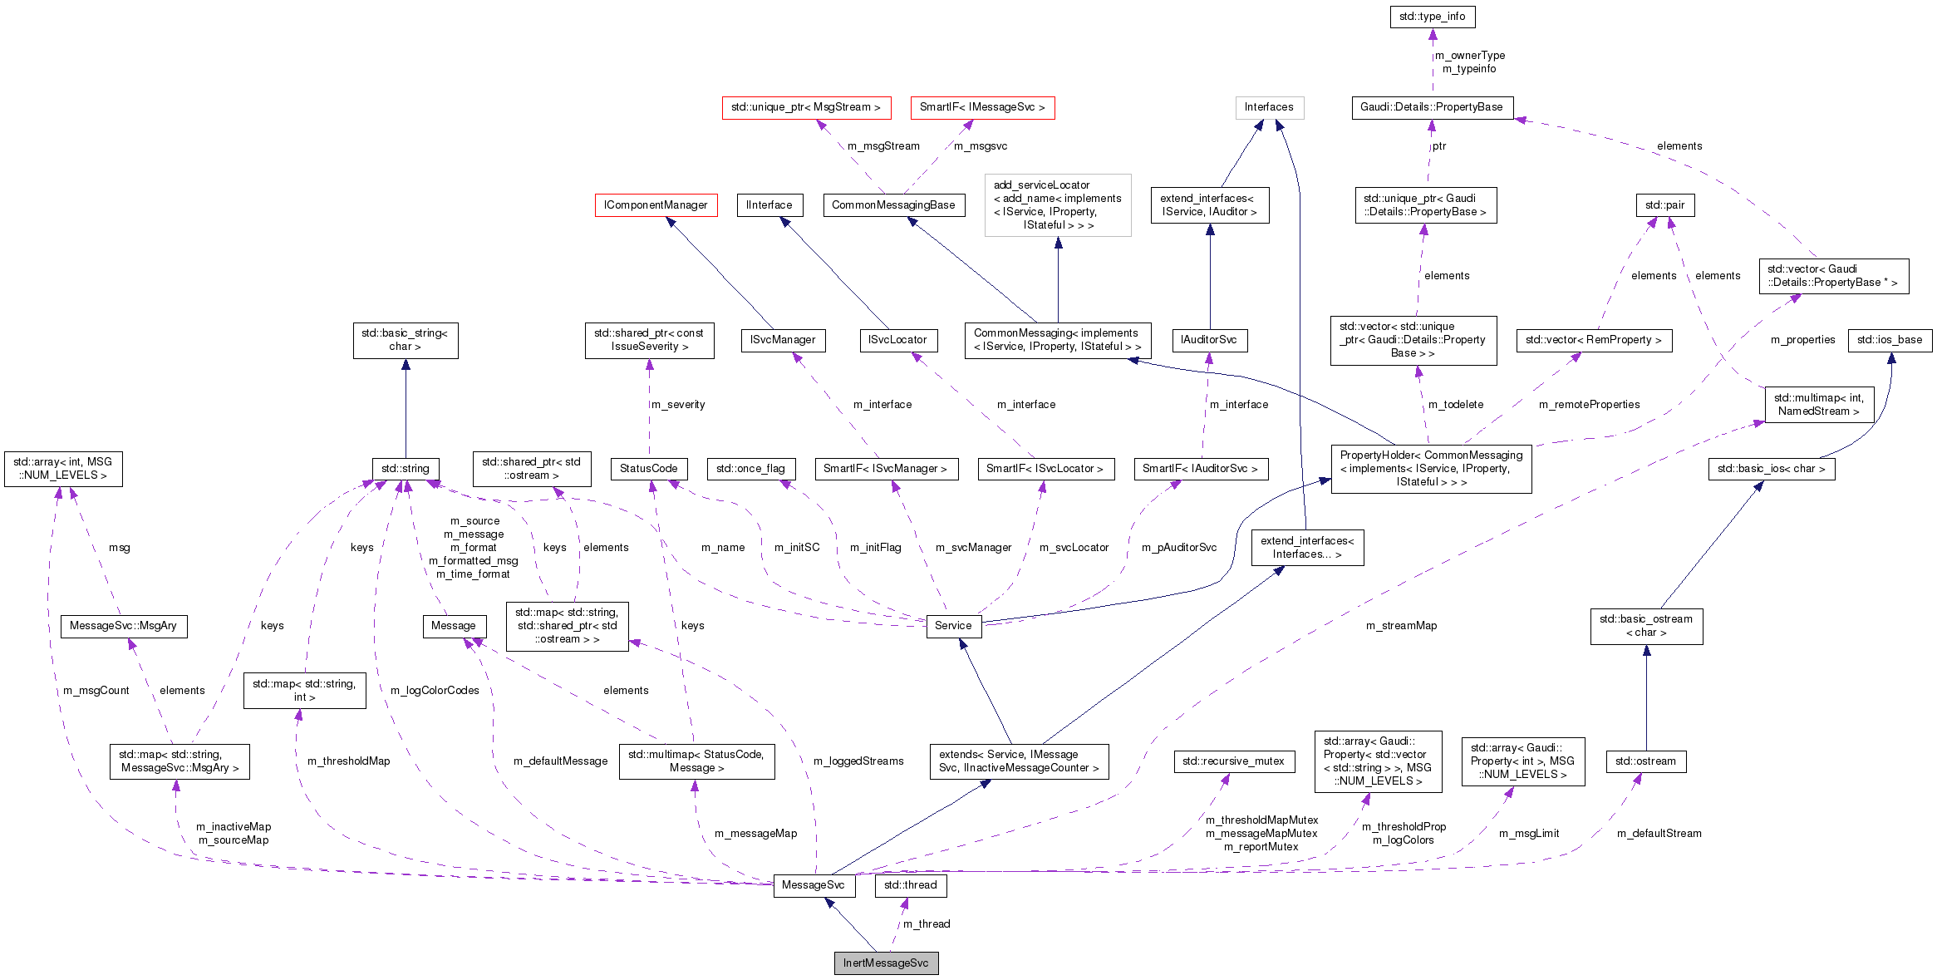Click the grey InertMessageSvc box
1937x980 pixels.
click(886, 963)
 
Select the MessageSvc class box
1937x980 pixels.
click(813, 884)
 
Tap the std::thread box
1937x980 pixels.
click(910, 884)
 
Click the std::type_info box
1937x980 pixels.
click(1432, 16)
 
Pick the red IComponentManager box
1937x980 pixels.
click(656, 204)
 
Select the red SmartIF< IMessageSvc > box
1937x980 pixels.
click(982, 107)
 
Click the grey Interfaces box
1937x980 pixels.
click(1268, 107)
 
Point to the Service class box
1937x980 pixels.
click(952, 626)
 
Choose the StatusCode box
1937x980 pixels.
click(648, 469)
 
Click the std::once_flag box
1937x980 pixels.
click(750, 469)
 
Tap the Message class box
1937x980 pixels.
click(454, 626)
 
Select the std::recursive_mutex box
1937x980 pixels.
click(1233, 761)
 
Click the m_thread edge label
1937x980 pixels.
click(927, 923)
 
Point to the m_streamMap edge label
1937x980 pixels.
click(1401, 625)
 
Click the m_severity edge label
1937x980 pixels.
click(678, 404)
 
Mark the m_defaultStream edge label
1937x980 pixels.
click(1659, 833)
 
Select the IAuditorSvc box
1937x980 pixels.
click(1209, 339)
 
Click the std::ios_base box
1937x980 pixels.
click(1889, 339)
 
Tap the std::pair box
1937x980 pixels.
click(1664, 204)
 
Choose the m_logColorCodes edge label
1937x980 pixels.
click(435, 690)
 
